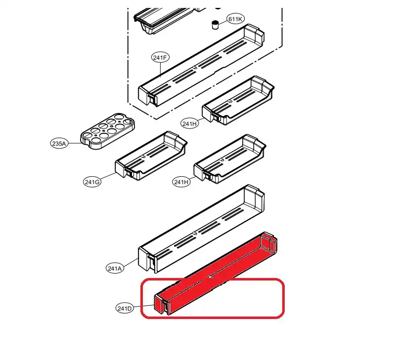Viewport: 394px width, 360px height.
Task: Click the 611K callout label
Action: (235, 19)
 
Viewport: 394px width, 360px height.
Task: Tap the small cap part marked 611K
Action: (215, 25)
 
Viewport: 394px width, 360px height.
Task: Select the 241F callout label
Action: (160, 57)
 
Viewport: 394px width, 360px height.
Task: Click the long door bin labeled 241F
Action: (201, 65)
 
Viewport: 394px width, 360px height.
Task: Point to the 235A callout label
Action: (59, 143)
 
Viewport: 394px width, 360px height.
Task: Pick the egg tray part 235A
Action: (108, 131)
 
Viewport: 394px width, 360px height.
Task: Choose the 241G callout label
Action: (92, 182)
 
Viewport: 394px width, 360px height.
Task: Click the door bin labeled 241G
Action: (151, 156)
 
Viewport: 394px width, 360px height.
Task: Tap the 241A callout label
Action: (115, 268)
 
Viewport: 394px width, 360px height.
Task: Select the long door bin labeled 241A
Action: (201, 229)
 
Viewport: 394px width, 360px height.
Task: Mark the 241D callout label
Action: (125, 308)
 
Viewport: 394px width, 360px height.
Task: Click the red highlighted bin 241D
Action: (216, 273)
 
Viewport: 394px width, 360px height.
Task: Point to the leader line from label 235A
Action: (75, 143)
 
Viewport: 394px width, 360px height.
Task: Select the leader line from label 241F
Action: (160, 70)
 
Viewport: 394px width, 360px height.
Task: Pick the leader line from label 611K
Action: (222, 22)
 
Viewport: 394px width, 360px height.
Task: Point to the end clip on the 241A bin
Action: (151, 261)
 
